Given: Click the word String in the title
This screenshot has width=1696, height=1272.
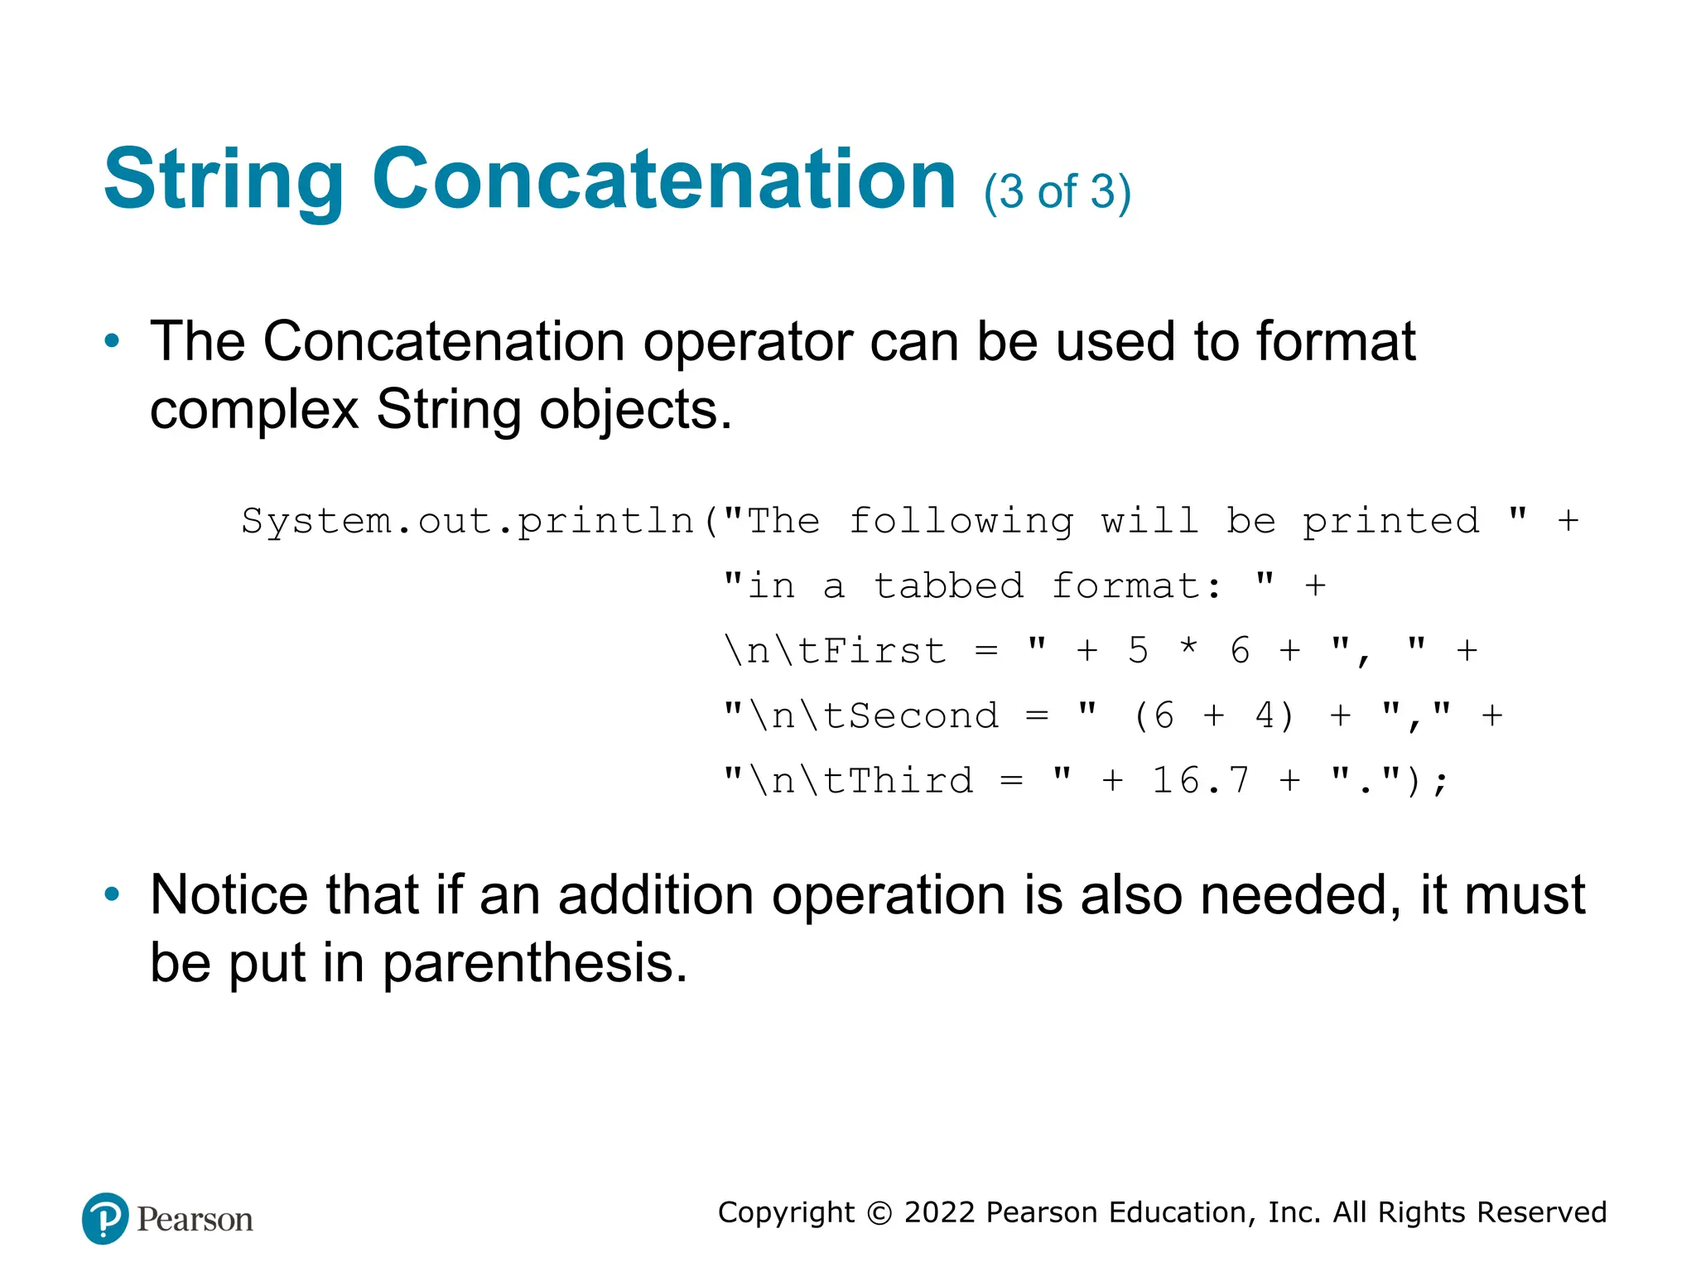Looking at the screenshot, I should [x=224, y=181].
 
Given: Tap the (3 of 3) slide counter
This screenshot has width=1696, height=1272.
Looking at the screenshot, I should [x=1057, y=192].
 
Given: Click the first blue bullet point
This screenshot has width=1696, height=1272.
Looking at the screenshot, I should [x=112, y=340].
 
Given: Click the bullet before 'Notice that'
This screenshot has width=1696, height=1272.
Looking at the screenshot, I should [x=112, y=894].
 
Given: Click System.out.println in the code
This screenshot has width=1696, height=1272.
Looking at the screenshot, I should [x=468, y=521].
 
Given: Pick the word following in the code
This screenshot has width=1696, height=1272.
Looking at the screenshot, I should [x=961, y=521].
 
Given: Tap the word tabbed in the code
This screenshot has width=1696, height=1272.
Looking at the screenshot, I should [x=949, y=586].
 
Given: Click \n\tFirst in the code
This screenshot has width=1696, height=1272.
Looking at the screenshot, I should [x=835, y=651].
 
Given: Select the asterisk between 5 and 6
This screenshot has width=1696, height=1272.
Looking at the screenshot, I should [x=1188, y=648].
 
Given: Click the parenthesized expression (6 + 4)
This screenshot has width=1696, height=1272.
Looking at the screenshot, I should [x=1213, y=715].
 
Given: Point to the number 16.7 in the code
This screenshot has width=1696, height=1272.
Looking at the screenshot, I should [x=1200, y=780].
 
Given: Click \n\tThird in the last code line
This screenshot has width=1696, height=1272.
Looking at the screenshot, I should [x=861, y=780].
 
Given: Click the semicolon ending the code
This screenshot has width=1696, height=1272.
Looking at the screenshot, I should [x=1441, y=782].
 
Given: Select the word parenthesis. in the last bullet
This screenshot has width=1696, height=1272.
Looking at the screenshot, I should [x=535, y=963].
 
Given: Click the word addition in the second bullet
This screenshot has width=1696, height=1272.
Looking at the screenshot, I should [x=655, y=895].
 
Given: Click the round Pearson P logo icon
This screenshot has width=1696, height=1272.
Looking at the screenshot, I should [x=105, y=1218].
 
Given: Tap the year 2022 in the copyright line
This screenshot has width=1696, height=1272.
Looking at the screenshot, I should [x=940, y=1212].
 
